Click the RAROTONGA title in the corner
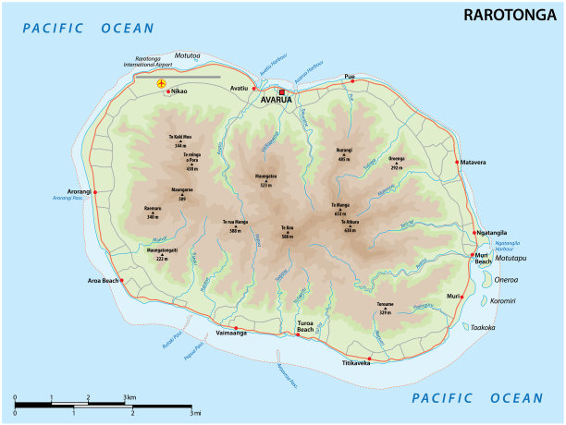[509, 15]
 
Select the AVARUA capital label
[276, 100]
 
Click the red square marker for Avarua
[283, 91]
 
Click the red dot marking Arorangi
[94, 192]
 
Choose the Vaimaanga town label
[231, 333]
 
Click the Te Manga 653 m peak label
[340, 208]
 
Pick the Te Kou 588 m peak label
[287, 232]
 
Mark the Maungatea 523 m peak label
[265, 181]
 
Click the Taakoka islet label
[483, 327]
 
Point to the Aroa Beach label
[104, 280]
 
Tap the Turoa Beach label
[305, 326]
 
